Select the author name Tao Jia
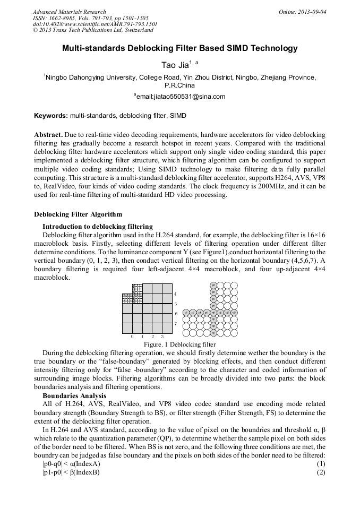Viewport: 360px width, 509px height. pos(176,65)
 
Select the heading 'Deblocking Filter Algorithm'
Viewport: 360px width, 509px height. pos(78,214)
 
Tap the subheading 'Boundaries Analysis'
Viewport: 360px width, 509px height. pos(74,396)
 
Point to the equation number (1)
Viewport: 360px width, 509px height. pos(320,464)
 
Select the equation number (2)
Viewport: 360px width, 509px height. pos(320,472)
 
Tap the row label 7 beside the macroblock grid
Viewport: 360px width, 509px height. pos(176,323)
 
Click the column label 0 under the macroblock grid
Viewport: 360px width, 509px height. pos(132,337)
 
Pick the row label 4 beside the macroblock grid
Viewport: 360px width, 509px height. pos(176,293)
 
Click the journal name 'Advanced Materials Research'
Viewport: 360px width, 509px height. pos(69,12)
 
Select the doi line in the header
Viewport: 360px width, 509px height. pos(95,24)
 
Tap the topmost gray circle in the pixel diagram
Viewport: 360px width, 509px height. pos(213,285)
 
